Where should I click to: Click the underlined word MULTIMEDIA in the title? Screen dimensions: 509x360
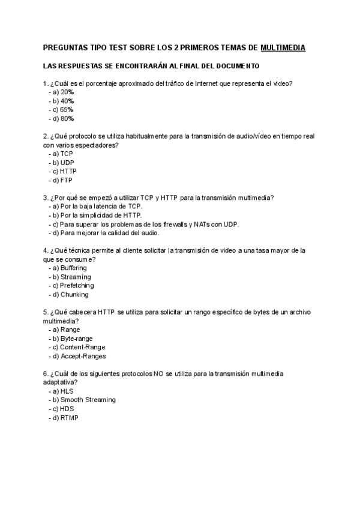283,47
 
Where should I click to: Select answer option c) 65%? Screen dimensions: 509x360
63,110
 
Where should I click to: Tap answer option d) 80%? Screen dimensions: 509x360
63,119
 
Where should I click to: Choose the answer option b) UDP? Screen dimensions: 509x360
63,163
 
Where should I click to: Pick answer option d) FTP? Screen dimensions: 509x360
62,180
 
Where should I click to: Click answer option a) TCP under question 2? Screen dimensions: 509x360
62,154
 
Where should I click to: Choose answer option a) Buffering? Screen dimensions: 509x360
70,268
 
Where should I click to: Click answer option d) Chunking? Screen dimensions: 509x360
70,295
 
